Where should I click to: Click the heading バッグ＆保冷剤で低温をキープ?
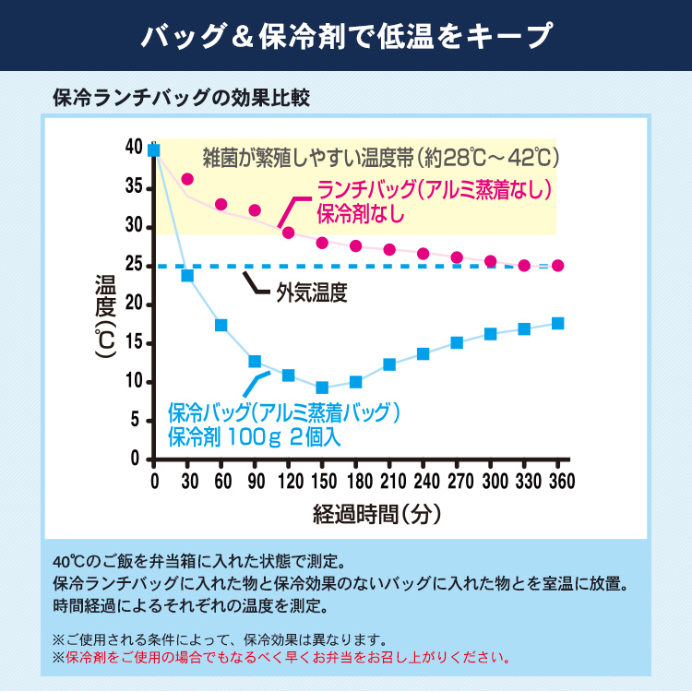[x=346, y=36]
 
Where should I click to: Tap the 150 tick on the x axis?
[x=322, y=481]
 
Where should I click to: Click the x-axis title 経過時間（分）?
[x=376, y=510]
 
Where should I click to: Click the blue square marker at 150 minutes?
[x=322, y=388]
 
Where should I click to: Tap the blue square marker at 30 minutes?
[x=187, y=275]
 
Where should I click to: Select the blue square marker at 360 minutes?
[x=557, y=323]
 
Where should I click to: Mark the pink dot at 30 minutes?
[x=187, y=179]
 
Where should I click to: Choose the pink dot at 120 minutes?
[x=288, y=233]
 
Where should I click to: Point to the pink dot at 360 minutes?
[x=557, y=266]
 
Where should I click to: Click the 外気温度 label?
[x=312, y=293]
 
